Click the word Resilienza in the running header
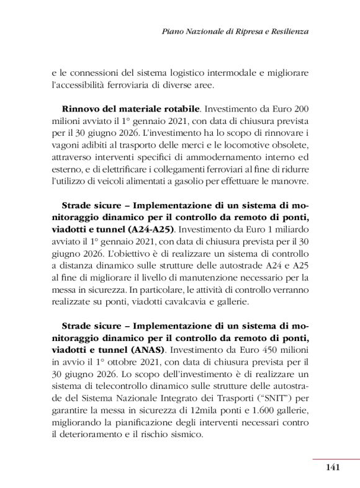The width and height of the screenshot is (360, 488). (287, 30)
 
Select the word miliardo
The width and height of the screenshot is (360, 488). (288, 229)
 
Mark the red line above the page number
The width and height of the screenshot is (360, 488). (336, 459)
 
